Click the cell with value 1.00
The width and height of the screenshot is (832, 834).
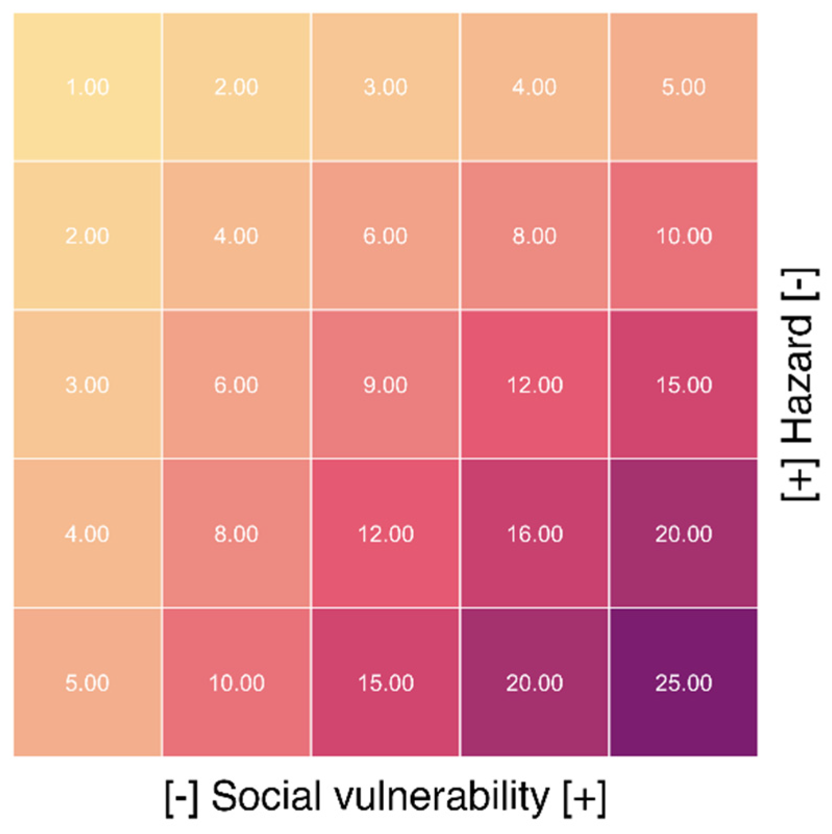pos(87,87)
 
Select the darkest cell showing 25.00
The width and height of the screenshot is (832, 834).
pos(683,683)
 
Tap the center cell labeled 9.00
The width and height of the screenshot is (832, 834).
pos(385,385)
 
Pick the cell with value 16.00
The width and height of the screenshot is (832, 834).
pos(534,534)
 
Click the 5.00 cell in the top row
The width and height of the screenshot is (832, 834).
pos(683,87)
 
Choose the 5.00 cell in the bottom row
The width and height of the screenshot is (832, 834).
pos(87,683)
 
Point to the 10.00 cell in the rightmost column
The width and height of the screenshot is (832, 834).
pos(683,236)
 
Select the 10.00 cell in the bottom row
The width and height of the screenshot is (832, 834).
pos(236,683)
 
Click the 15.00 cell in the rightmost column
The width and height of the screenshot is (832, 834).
pos(683,385)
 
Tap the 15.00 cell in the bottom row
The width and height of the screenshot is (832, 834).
pos(385,683)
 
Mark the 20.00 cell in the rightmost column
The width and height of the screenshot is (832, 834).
pos(683,534)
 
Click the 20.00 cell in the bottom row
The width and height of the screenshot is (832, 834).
pos(534,683)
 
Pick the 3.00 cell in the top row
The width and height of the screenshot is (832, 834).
pos(385,87)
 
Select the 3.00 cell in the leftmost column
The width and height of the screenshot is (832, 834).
pos(87,385)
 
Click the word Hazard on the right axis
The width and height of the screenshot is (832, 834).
pos(799,379)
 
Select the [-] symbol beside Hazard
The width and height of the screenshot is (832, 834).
pos(800,284)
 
